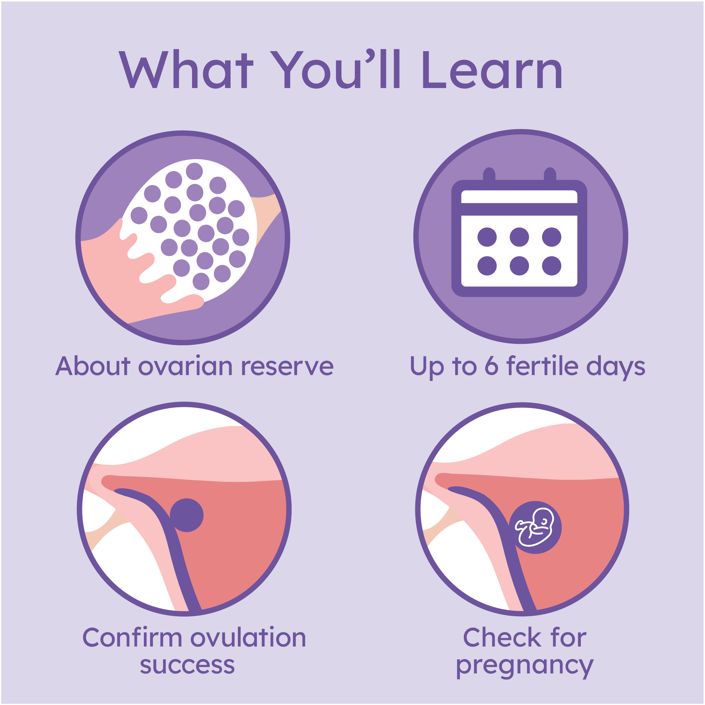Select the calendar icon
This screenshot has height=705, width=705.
pyautogui.click(x=519, y=232)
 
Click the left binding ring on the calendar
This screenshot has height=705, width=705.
pyautogui.click(x=489, y=174)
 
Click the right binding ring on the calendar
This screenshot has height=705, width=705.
pyautogui.click(x=550, y=174)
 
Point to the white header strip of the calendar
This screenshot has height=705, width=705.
pyautogui.click(x=519, y=197)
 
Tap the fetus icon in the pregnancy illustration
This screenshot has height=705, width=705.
pyautogui.click(x=535, y=527)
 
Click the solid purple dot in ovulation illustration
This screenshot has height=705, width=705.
pyautogui.click(x=186, y=515)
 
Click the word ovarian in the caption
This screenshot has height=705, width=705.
pyautogui.click(x=185, y=366)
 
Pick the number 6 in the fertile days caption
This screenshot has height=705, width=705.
pyautogui.click(x=491, y=365)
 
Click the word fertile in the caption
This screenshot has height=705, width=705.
pyautogui.click(x=542, y=365)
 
